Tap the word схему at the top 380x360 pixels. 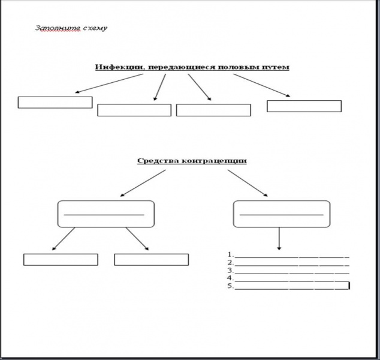click(91, 28)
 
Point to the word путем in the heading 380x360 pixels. click(275, 67)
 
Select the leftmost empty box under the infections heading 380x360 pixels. click(55, 102)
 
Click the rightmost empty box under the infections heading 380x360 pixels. click(304, 106)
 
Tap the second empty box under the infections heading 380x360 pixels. click(134, 110)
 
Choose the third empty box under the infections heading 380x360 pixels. click(213, 110)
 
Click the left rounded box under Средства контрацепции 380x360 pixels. click(105, 214)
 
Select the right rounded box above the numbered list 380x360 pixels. click(281, 214)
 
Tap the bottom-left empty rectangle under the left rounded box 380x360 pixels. click(61, 259)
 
